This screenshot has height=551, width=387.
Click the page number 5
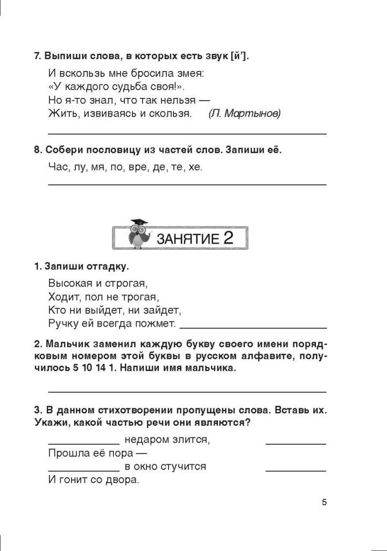324,503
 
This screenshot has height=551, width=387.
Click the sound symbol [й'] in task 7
237,56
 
